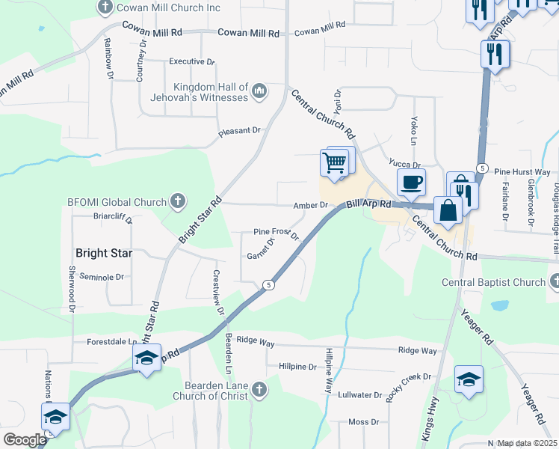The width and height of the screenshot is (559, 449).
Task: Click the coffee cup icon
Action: tap(411, 182)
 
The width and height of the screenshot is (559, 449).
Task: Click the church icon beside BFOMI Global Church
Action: tap(178, 201)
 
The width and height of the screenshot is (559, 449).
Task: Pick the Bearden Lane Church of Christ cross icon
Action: tap(259, 389)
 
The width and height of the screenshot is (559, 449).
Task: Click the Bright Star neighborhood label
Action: tap(104, 253)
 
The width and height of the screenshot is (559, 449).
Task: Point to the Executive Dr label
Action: tap(192, 61)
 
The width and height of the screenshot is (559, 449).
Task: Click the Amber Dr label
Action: tap(311, 205)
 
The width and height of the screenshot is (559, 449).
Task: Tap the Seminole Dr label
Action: tap(101, 277)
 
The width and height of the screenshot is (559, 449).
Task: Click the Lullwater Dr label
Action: tap(359, 394)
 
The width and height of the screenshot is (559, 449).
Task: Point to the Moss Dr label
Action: tap(363, 422)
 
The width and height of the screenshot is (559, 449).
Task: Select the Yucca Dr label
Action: tap(405, 165)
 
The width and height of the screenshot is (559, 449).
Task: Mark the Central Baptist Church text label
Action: tap(494, 282)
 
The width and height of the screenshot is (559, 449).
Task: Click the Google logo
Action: tap(25, 440)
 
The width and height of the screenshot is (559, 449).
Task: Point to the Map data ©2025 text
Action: tap(526, 443)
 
